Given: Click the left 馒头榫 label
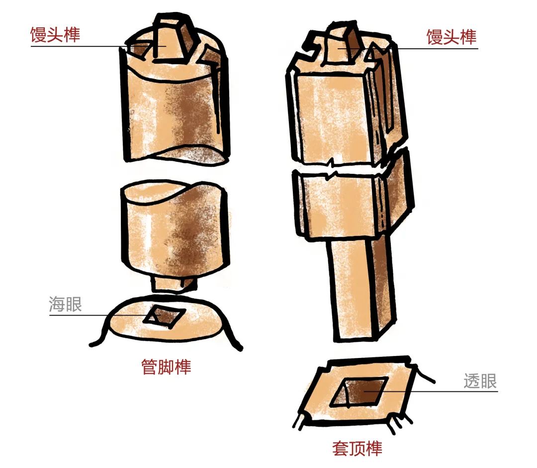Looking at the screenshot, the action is click(x=55, y=35).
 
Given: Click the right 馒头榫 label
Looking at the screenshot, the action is click(x=451, y=37).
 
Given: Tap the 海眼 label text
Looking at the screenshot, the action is click(x=66, y=304).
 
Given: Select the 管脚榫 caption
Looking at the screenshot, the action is click(x=166, y=366).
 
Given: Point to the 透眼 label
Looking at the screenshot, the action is click(x=480, y=381).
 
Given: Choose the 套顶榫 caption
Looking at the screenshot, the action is click(x=357, y=448).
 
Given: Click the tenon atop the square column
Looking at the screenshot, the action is click(x=343, y=45).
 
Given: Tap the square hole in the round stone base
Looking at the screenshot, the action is click(x=165, y=315).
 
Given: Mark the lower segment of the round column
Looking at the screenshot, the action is click(x=175, y=230).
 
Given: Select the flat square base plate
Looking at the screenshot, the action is click(x=358, y=391).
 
